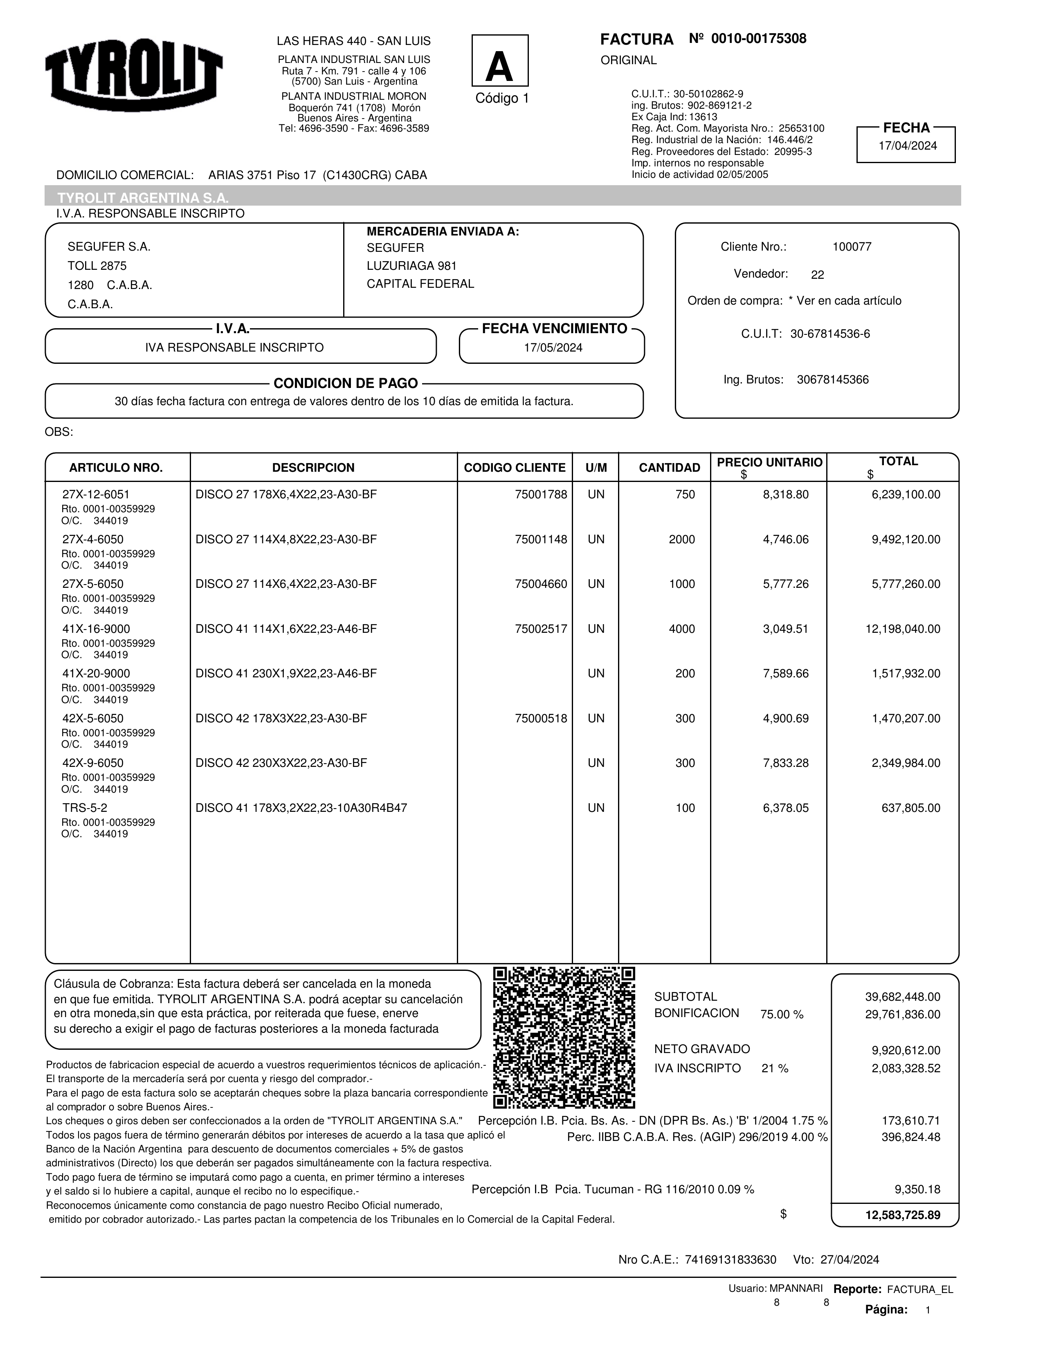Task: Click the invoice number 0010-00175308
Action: point(758,39)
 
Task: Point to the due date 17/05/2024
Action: point(553,348)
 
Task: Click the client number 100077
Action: point(852,247)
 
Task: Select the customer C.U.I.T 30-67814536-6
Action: point(830,334)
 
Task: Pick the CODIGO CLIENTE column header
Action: point(514,468)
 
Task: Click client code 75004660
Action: point(541,584)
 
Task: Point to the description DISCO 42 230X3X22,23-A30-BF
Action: point(281,764)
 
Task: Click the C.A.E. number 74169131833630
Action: point(731,1260)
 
